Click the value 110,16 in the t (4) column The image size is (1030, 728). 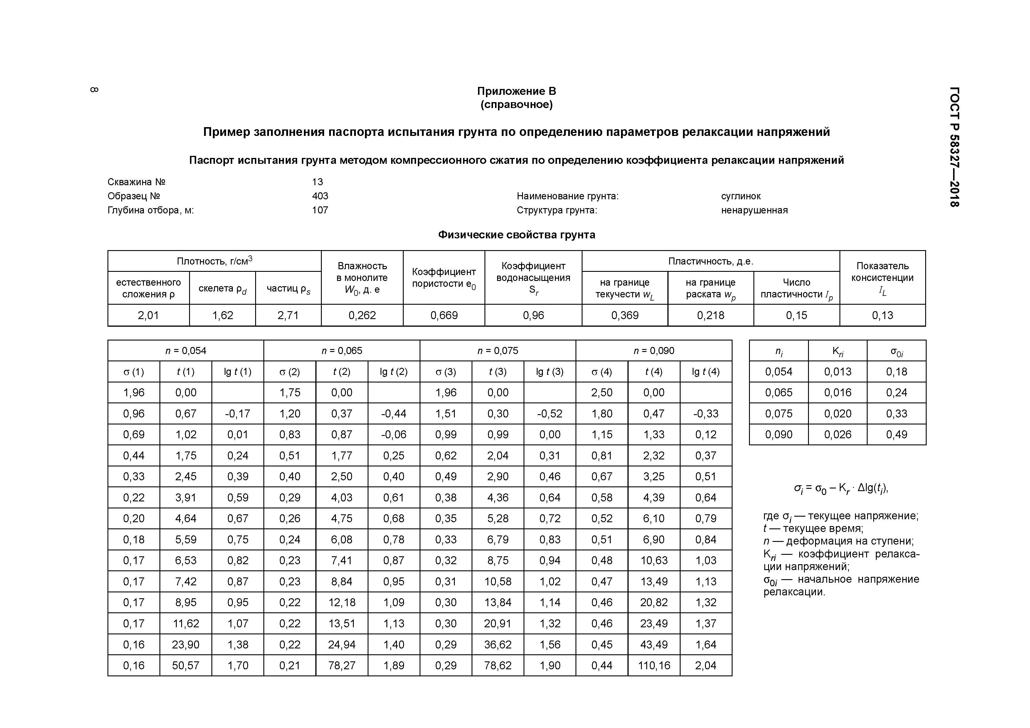654,665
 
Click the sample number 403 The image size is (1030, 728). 320,196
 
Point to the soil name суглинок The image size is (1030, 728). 741,196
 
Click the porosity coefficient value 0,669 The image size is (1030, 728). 444,315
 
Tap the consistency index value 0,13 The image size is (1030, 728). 882,315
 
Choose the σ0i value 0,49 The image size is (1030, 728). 896,434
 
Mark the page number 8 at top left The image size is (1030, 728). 94,90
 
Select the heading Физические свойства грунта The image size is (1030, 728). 516,235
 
